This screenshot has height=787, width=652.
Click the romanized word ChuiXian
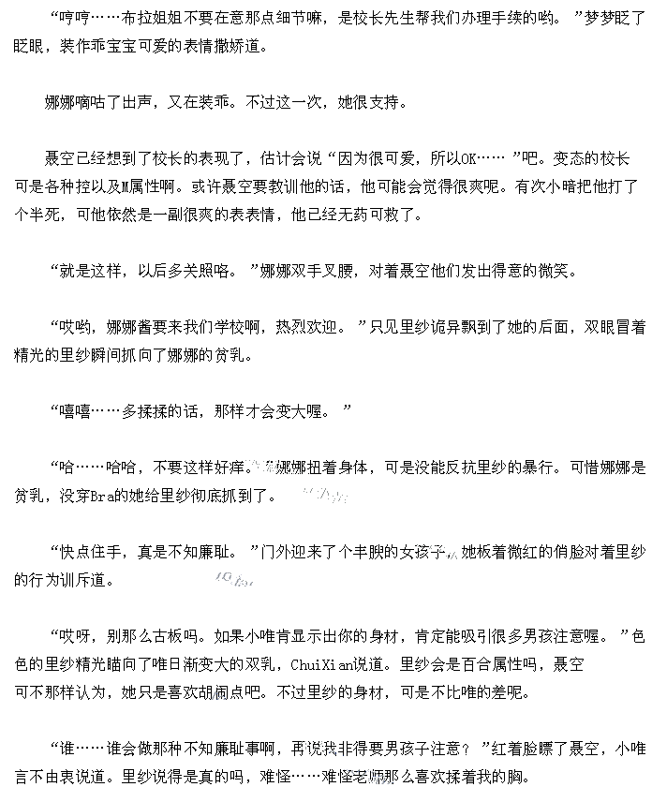[321, 664]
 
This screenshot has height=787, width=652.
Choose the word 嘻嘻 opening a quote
[76, 411]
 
